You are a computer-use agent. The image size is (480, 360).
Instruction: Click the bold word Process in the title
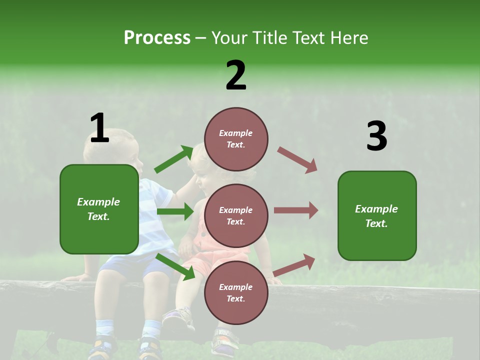point(157,38)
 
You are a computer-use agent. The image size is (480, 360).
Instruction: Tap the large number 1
point(99,128)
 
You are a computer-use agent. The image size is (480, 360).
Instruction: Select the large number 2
point(236,75)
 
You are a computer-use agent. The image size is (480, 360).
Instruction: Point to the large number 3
point(376,136)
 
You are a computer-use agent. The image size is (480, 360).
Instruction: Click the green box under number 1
point(99,209)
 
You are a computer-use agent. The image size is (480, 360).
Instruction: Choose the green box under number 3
point(377,215)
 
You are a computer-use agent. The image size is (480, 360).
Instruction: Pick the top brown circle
point(236,139)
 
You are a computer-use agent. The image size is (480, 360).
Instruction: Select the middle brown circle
point(236,215)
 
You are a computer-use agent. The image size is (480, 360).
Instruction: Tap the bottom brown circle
point(236,292)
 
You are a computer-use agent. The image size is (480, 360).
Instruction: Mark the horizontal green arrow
point(175,211)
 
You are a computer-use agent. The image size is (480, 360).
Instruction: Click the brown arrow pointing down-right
point(297,160)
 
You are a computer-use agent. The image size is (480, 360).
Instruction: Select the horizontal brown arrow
point(296,210)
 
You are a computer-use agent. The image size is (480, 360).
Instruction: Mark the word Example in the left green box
point(98,202)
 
